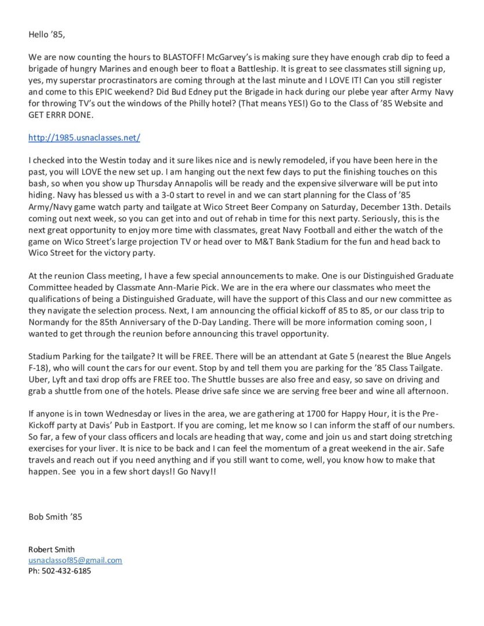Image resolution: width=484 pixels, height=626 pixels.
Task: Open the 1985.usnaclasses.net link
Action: click(x=84, y=138)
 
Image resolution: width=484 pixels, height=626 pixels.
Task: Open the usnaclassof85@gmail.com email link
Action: click(x=75, y=561)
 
